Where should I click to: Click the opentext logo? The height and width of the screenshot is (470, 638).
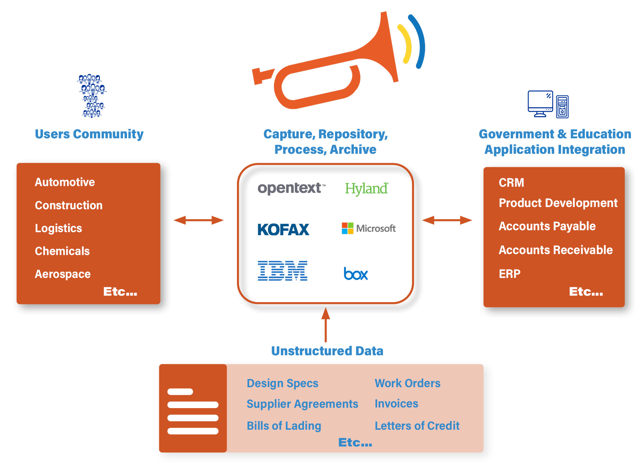coord(291,188)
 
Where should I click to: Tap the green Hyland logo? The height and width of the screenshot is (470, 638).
coord(367,189)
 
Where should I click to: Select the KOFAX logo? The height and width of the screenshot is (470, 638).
coord(283,230)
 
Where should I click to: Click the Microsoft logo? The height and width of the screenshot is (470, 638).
coord(368,228)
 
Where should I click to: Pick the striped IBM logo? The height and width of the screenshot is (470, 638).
coord(282,271)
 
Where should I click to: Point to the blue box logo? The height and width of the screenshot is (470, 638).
coord(356,274)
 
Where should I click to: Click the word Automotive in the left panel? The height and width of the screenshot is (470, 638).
coord(65,182)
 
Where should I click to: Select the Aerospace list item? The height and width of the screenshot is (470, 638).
coord(63,274)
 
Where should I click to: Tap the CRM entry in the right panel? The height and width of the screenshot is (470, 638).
coord(511,182)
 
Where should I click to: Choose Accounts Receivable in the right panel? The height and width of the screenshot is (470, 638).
coord(555,250)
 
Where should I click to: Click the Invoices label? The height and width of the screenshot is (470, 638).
coord(396,404)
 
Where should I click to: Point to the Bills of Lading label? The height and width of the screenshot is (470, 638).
coord(284,426)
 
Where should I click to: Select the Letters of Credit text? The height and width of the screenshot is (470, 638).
coord(417,426)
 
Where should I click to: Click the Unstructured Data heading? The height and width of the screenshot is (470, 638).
coord(327,351)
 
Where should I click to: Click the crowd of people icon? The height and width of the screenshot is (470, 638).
coord(92,96)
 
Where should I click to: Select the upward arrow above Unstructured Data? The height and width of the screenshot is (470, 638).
coord(326,325)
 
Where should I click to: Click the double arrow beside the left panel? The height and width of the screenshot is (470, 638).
coord(199,220)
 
